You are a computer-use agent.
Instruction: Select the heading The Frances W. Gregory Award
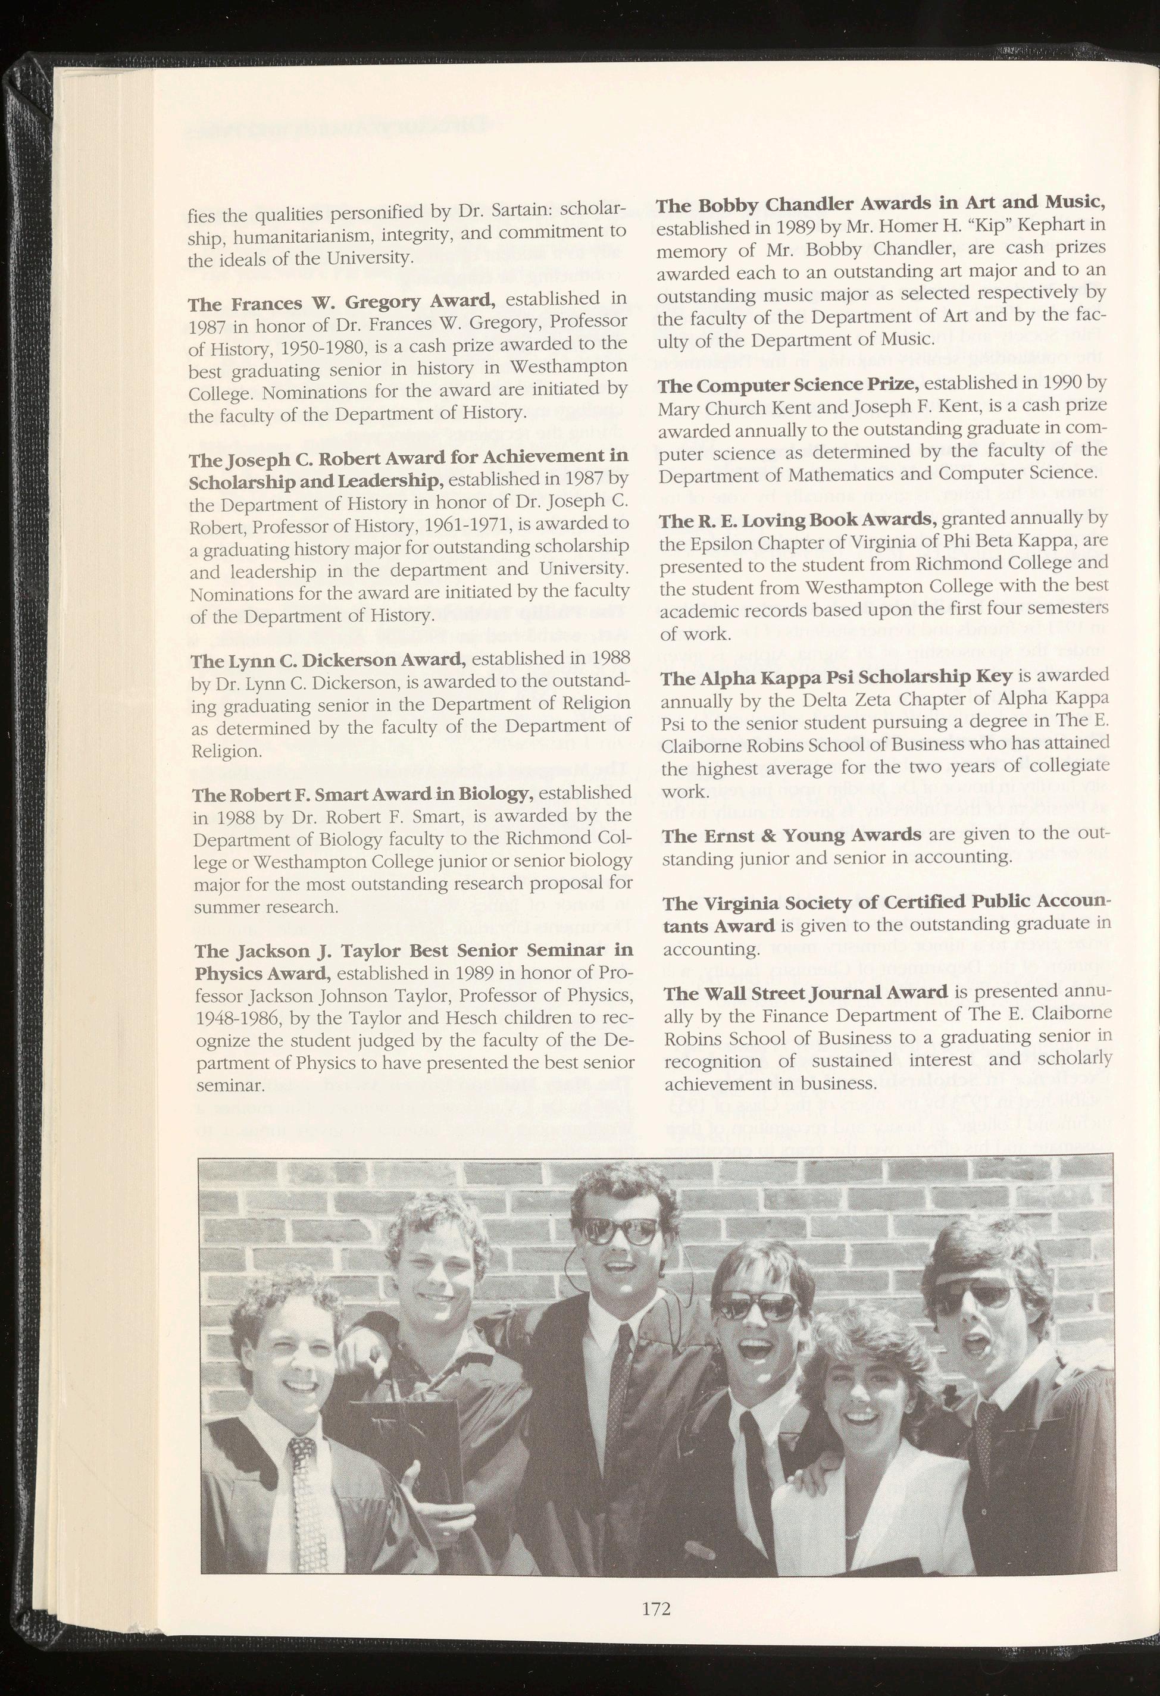point(342,301)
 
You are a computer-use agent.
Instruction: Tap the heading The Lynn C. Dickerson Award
point(327,661)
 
